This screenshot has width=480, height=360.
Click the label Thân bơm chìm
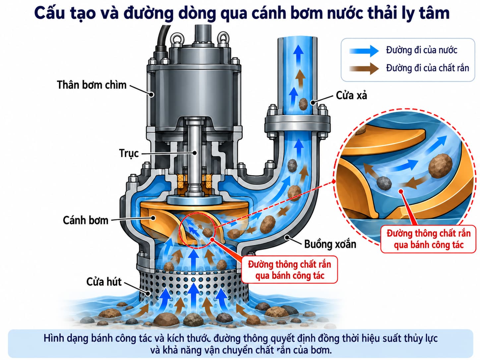tap(91, 85)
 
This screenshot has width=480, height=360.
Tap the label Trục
tap(129, 153)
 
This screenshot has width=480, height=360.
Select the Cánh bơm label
tap(86, 220)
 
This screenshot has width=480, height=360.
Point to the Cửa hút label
tap(104, 282)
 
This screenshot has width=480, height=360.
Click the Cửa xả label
tap(351, 95)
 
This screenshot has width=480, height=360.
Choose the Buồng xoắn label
tap(330, 244)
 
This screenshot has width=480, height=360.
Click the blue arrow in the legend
tap(364, 51)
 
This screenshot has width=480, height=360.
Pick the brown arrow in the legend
tap(364, 69)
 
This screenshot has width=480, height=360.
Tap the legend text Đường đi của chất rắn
tap(428, 68)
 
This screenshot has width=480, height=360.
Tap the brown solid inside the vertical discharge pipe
tap(303, 104)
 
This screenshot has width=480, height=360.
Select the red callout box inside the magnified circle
tap(428, 239)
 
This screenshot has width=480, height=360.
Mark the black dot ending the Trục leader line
tap(194, 153)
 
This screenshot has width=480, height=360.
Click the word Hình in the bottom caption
tap(52, 338)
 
